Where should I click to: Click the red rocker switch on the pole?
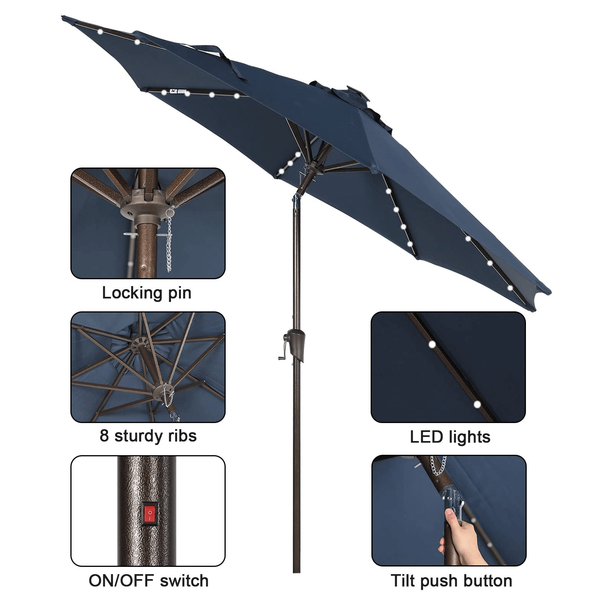[x=150, y=513]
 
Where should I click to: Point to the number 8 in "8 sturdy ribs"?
[x=104, y=436]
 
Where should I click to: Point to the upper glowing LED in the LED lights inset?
[x=432, y=344]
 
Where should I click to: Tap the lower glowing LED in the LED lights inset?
[x=477, y=404]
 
